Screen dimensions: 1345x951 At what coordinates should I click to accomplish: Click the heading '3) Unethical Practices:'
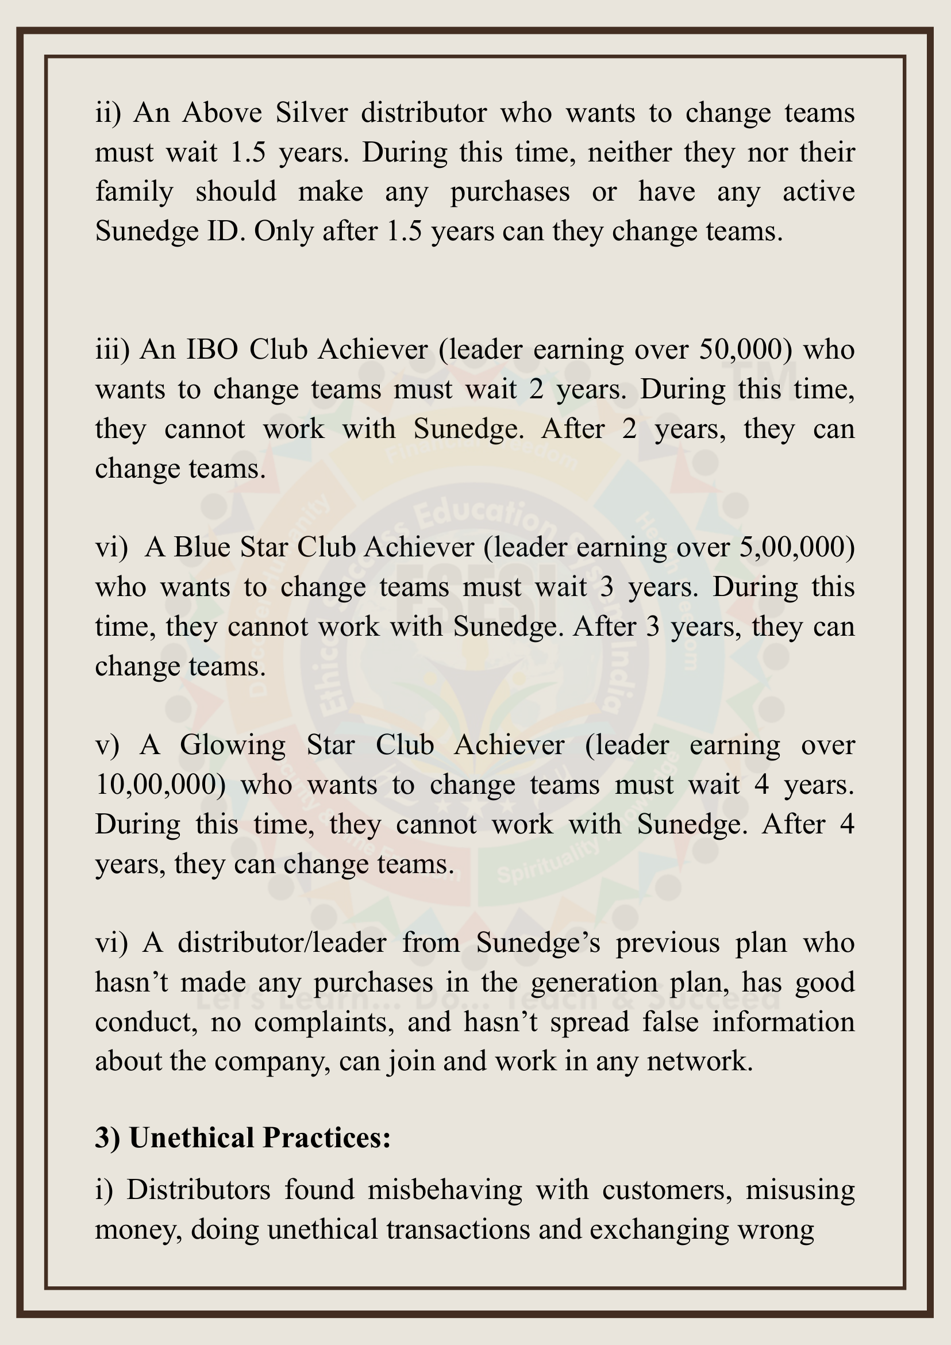(242, 1138)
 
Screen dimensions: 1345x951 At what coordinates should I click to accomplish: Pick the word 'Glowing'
(233, 745)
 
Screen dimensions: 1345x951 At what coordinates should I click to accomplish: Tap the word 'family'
(134, 192)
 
